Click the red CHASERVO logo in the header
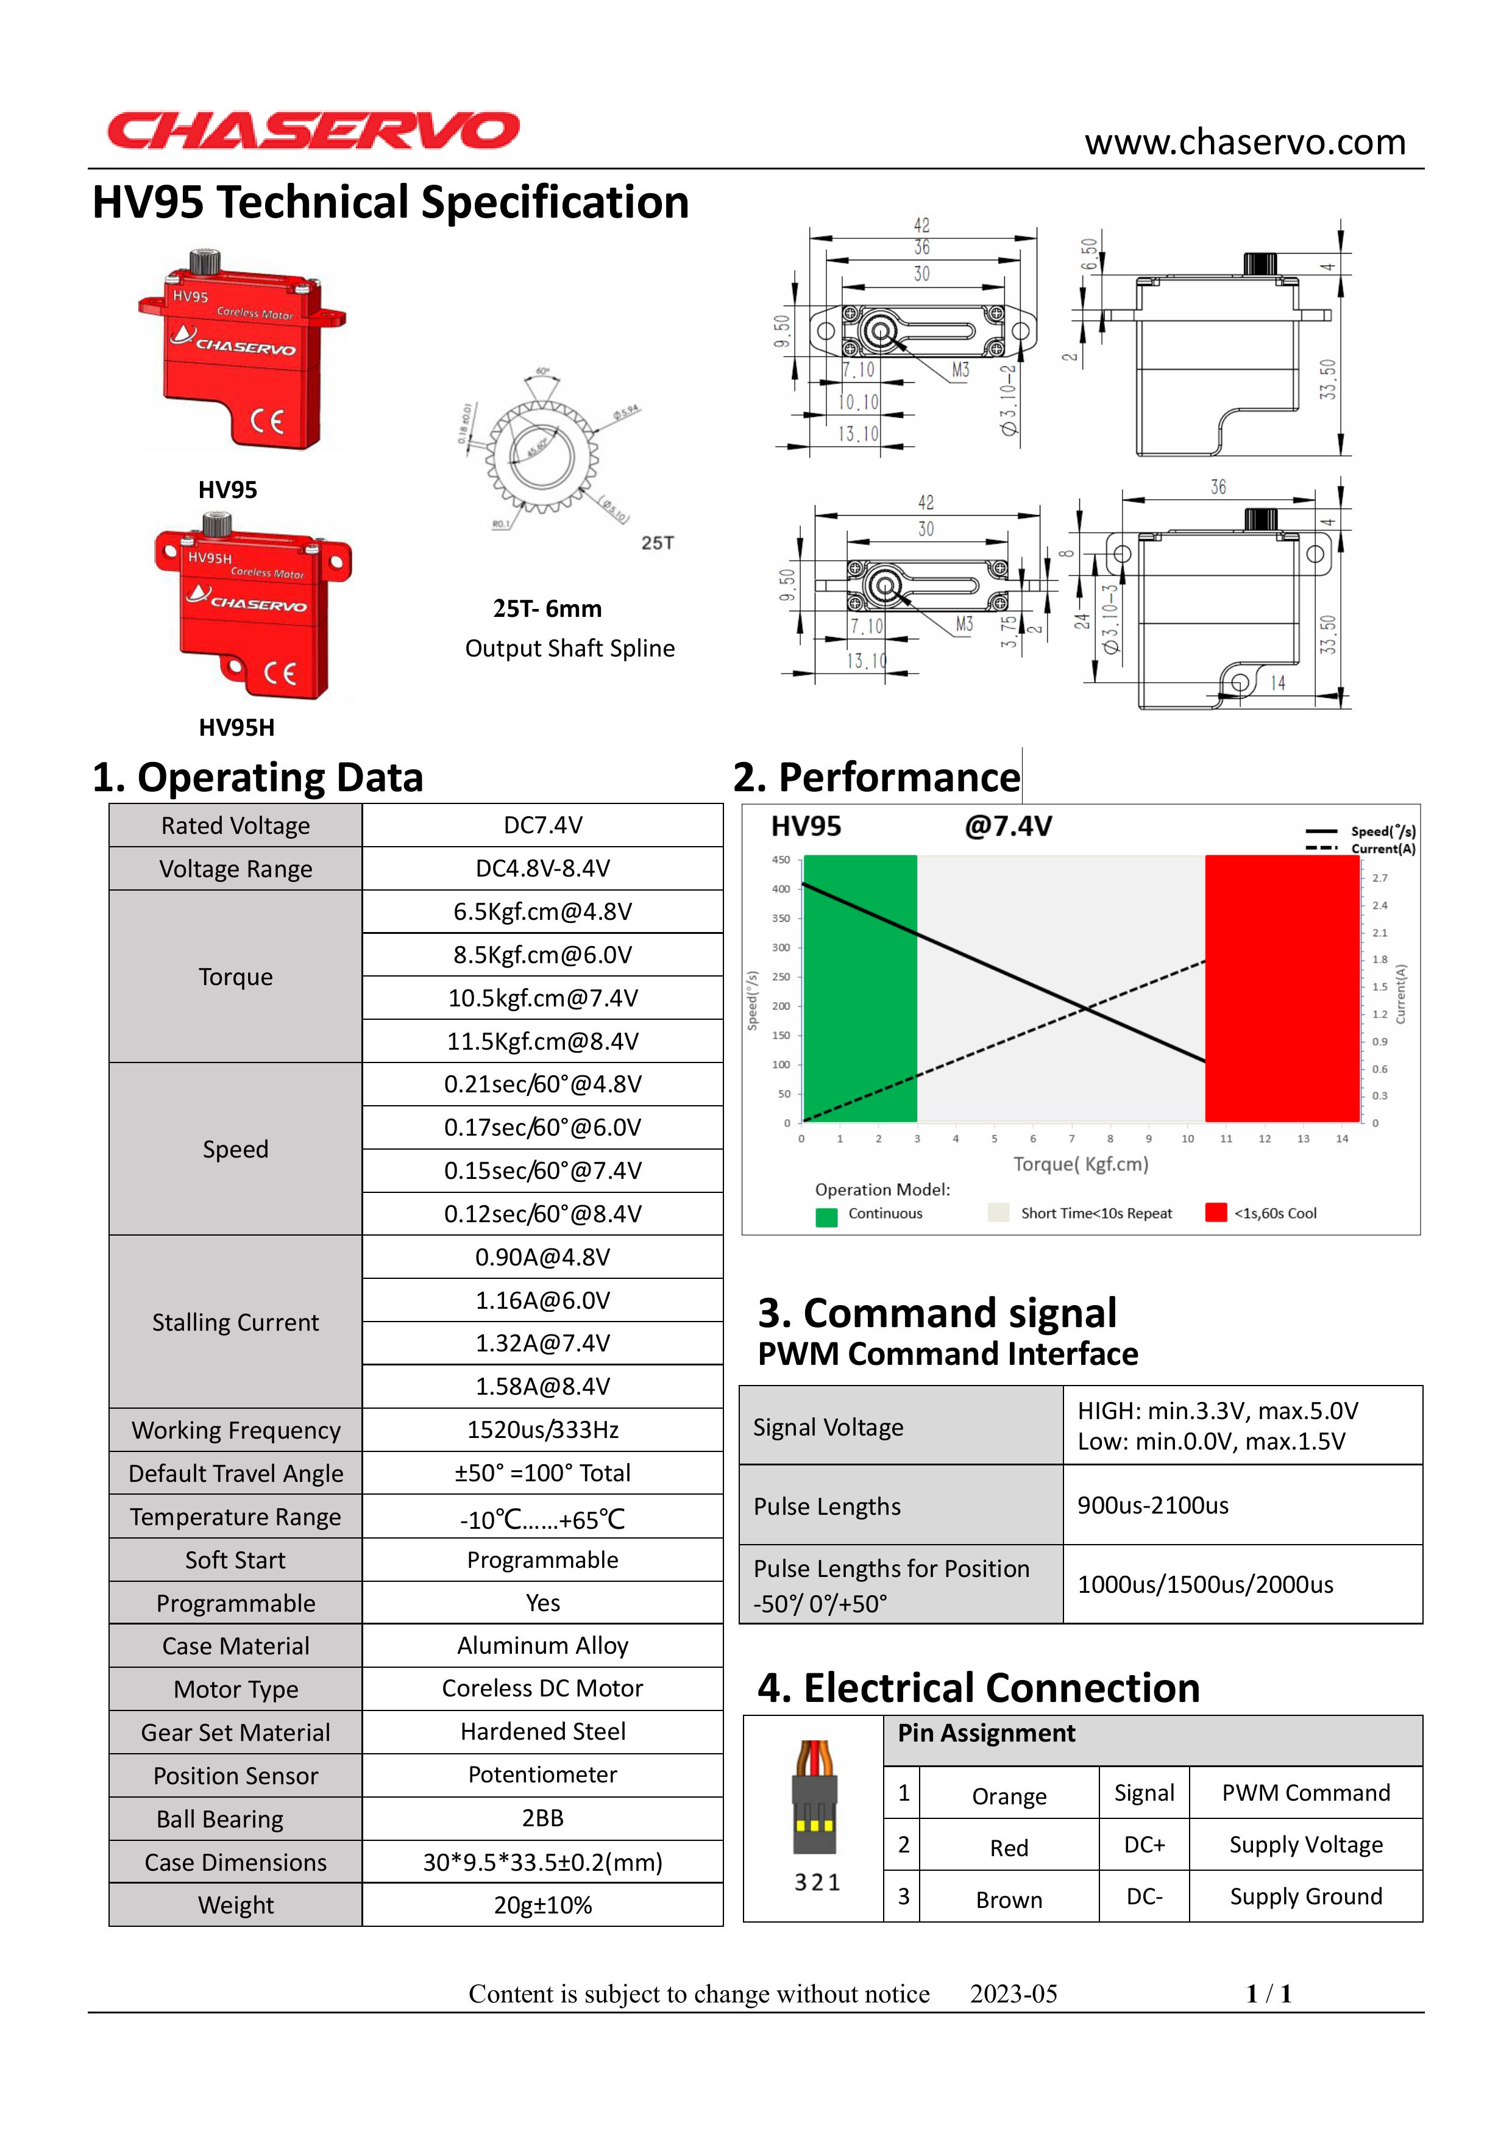pyautogui.click(x=313, y=130)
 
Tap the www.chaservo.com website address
pyautogui.click(x=1244, y=143)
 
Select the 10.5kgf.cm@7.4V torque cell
pyautogui.click(x=542, y=998)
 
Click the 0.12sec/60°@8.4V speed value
pyautogui.click(x=542, y=1214)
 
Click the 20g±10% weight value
pyautogui.click(x=542, y=1905)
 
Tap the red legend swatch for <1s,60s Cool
pyautogui.click(x=1216, y=1212)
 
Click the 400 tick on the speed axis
pyautogui.click(x=781, y=889)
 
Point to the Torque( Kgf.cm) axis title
pyautogui.click(x=1081, y=1164)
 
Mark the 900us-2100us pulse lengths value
pyautogui.click(x=1153, y=1506)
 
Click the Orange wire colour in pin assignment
pyautogui.click(x=1009, y=1796)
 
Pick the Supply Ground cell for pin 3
pyautogui.click(x=1305, y=1897)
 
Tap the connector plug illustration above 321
pyautogui.click(x=815, y=1798)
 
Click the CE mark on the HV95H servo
pyautogui.click(x=280, y=672)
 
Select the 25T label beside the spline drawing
pyautogui.click(x=658, y=543)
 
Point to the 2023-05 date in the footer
pyautogui.click(x=1013, y=1994)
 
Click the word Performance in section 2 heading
pyautogui.click(x=899, y=778)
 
